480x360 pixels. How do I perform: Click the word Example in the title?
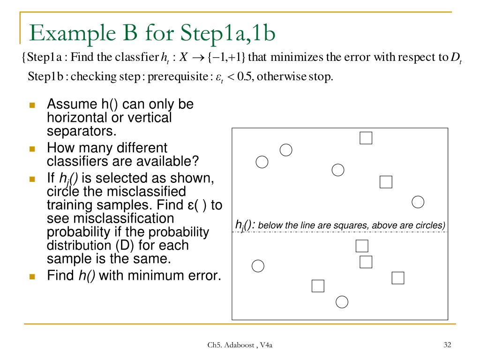[65, 33]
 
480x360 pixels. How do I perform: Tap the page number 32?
[447, 345]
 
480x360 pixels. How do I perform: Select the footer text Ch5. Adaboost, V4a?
[240, 346]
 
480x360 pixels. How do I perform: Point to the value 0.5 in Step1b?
[245, 76]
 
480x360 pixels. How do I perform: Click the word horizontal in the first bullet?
[75, 118]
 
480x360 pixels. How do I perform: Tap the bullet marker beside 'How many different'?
[32, 149]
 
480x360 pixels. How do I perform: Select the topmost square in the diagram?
[366, 138]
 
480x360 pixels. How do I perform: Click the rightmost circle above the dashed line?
[418, 202]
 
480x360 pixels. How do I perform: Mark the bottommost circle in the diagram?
[342, 302]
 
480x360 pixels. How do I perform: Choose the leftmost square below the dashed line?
[318, 285]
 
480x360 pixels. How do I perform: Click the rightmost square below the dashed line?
[397, 278]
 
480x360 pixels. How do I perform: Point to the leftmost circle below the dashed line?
[258, 266]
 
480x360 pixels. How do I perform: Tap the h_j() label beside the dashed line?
[245, 225]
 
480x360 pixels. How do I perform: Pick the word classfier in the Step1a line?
[140, 58]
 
